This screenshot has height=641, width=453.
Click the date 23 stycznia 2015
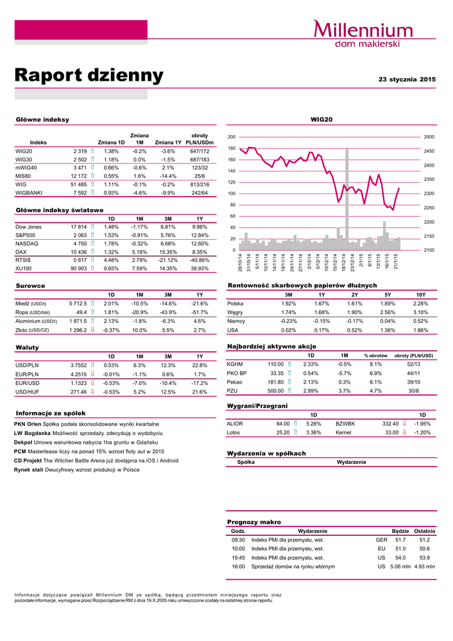(407, 79)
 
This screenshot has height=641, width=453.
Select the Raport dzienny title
(89, 76)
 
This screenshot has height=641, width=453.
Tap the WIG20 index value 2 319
(79, 151)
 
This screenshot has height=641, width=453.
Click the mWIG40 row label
(26, 168)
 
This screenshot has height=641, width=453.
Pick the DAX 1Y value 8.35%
(200, 252)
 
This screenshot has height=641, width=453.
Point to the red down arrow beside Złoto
(93, 330)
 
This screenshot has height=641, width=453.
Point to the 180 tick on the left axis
(232, 148)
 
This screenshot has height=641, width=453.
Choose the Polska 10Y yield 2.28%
(420, 304)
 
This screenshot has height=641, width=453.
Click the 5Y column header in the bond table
(388, 294)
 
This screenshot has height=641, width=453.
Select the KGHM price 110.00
(276, 364)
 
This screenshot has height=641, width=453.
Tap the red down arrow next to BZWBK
(404, 423)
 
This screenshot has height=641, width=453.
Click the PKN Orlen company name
(29, 424)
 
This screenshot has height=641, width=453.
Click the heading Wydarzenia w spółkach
(266, 453)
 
